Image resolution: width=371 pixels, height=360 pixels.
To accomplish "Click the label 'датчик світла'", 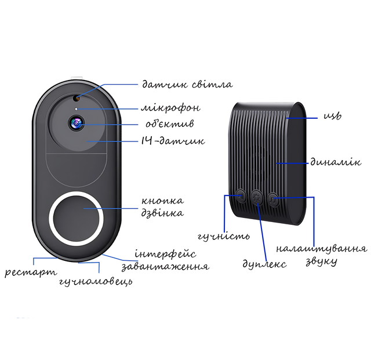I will tap(187, 85).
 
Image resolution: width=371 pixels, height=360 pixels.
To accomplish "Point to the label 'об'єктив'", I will tap(169, 124).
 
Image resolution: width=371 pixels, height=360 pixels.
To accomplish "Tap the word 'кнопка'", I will tap(163, 201).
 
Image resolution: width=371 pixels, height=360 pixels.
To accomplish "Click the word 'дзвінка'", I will tap(163, 213).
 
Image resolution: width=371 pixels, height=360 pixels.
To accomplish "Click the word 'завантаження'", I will tap(165, 267).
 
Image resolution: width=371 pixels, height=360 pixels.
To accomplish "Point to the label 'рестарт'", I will tap(31, 272).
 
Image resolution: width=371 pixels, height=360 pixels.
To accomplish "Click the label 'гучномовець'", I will tap(95, 282).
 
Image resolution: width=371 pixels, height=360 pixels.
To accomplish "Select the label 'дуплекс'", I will tap(264, 264).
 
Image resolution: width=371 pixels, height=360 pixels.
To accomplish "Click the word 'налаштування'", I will tap(321, 249).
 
